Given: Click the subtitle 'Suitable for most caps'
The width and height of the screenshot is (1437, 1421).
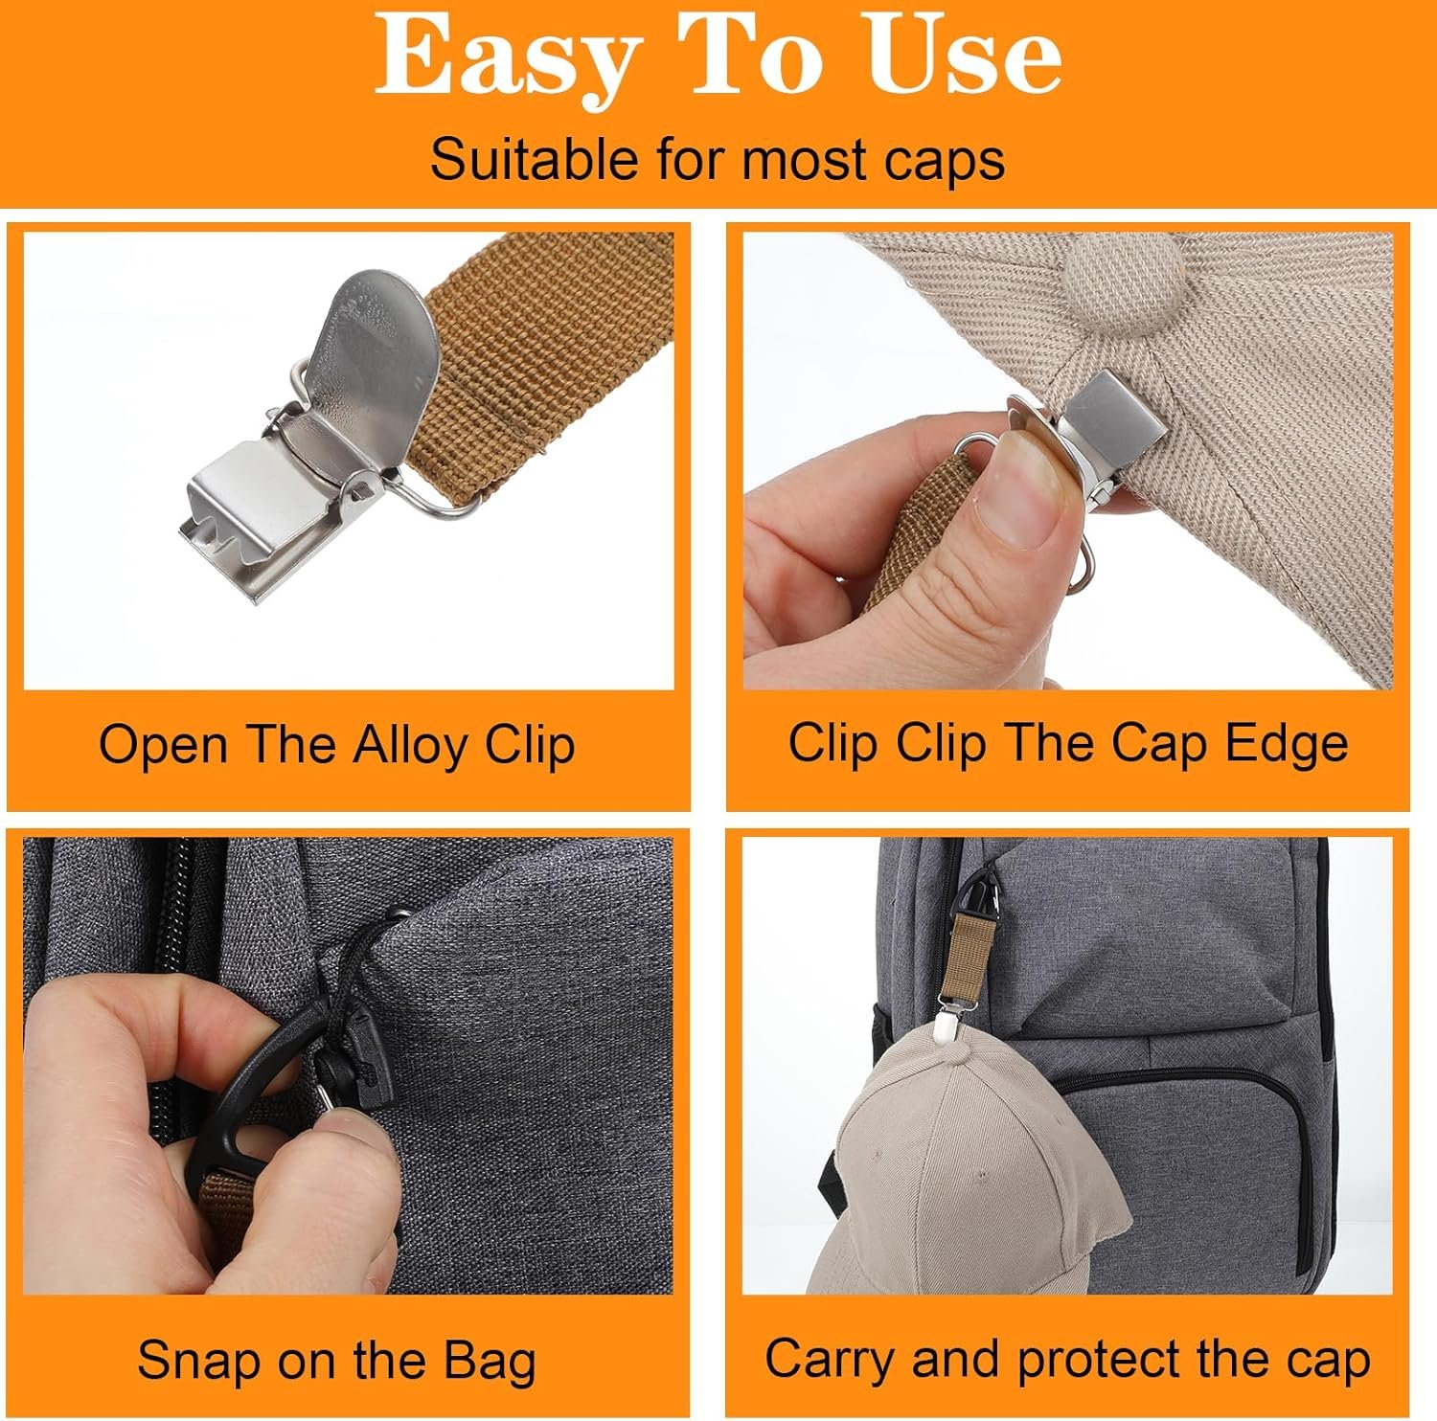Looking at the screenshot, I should coord(718,159).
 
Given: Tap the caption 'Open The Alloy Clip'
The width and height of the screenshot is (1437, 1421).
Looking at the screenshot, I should coord(337,746).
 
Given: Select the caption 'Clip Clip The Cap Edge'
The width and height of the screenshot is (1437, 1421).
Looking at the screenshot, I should coord(1067,744).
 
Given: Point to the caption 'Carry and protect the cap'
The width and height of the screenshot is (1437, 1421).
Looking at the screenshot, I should coord(1067,1359).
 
